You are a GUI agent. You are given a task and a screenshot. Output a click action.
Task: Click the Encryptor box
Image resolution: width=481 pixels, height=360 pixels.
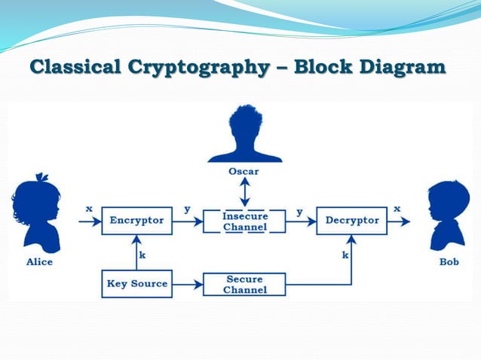[x=136, y=221]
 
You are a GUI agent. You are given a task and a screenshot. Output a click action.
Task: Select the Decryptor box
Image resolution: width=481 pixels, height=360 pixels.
[x=352, y=221]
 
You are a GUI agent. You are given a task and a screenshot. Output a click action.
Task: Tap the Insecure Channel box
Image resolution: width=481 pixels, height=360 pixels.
[x=244, y=221]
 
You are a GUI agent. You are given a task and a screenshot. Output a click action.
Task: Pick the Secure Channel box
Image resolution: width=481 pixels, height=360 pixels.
[x=244, y=285]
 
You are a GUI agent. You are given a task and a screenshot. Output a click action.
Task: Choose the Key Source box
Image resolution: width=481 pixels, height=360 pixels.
[x=136, y=284]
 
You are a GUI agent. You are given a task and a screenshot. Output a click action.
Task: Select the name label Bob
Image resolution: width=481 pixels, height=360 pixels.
[x=449, y=262]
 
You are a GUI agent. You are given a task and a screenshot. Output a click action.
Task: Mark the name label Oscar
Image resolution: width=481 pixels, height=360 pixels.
[x=244, y=171]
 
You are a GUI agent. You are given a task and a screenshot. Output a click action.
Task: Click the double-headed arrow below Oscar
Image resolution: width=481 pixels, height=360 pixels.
[x=244, y=192]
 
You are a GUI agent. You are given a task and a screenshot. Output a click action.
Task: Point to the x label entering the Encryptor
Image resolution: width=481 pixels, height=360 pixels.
[x=89, y=208]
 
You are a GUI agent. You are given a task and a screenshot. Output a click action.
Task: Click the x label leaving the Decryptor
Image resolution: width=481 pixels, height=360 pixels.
[x=397, y=208]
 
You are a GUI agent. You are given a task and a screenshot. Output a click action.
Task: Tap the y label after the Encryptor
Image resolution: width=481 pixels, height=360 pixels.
[x=187, y=209]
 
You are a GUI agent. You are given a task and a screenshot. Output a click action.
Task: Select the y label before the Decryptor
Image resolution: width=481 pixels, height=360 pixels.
[x=299, y=212]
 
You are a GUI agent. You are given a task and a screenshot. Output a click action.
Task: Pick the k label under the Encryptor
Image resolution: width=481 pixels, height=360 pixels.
[x=142, y=255]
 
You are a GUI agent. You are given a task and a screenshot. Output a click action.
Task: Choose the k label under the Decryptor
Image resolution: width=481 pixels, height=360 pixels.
[x=345, y=255]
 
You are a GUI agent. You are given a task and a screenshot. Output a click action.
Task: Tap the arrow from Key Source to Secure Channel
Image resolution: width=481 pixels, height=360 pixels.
[x=188, y=285]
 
